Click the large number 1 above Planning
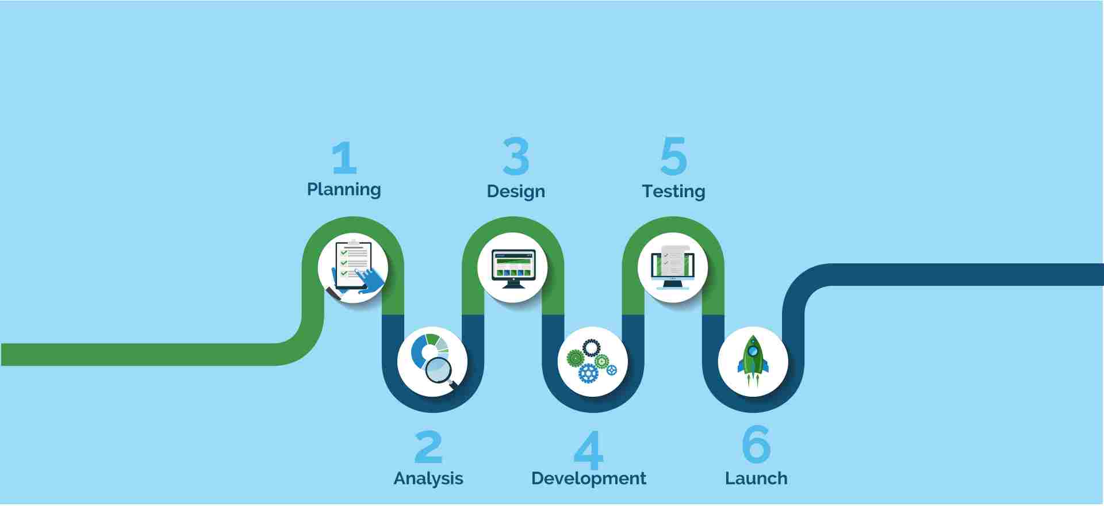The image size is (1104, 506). click(x=344, y=158)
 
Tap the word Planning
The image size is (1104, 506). click(x=344, y=190)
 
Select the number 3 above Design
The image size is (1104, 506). click(x=516, y=156)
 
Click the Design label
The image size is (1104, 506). click(x=516, y=191)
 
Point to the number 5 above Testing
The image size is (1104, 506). click(x=674, y=156)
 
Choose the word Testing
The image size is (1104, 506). click(x=673, y=191)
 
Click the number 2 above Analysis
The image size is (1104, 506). click(x=428, y=447)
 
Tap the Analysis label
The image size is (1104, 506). click(x=428, y=478)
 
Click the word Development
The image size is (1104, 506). click(x=589, y=478)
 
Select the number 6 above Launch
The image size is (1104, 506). click(x=756, y=444)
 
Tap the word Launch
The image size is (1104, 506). click(x=756, y=478)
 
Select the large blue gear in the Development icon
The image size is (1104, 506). click(x=588, y=373)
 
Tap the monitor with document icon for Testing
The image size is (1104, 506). click(x=673, y=267)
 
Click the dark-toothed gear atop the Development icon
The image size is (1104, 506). click(x=591, y=348)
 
